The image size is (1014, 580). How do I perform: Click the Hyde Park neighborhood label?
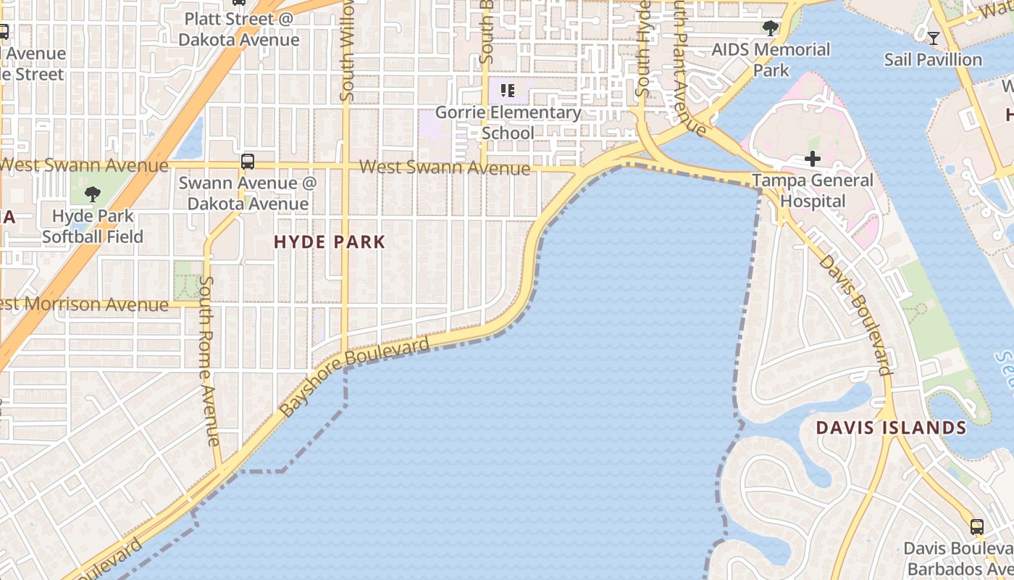tap(330, 242)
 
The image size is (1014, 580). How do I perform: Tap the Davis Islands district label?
tap(891, 428)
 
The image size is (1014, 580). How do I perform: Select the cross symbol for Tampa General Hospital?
tap(813, 159)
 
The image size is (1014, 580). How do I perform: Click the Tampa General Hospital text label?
tap(813, 191)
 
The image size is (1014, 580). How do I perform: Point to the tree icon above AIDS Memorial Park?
tap(771, 29)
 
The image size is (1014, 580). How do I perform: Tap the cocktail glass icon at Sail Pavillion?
tap(933, 38)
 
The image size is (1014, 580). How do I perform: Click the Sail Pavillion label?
tap(933, 59)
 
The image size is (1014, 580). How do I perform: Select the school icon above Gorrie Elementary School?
tap(508, 91)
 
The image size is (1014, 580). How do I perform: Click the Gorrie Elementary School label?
tap(508, 123)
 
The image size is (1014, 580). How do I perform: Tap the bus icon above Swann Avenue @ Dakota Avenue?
tap(248, 161)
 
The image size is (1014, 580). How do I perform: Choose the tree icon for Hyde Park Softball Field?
tap(92, 194)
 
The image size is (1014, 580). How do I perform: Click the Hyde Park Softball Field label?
tap(93, 226)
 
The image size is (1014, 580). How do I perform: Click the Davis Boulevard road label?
tap(855, 315)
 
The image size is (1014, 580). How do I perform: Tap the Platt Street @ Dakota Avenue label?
tap(239, 29)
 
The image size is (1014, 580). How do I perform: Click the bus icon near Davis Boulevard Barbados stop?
tap(977, 527)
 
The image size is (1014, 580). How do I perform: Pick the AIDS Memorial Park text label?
tap(771, 59)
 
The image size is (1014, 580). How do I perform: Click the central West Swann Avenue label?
tap(445, 167)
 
